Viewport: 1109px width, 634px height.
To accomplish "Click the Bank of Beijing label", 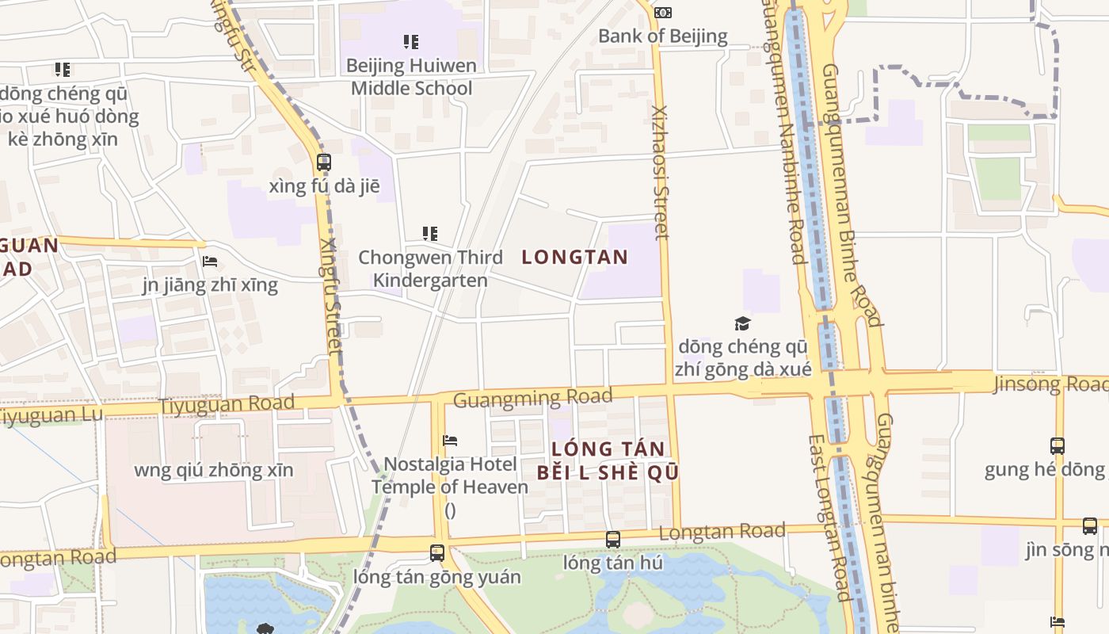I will click(x=662, y=36).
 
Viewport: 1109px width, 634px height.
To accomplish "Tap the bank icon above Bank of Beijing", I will click(x=663, y=12).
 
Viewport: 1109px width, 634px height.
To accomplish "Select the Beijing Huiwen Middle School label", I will click(x=411, y=76).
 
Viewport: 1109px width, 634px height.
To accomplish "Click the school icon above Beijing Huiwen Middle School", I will click(x=410, y=41).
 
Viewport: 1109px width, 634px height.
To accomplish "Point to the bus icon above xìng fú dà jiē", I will click(x=323, y=162).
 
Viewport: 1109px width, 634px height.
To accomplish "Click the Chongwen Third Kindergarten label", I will click(x=430, y=269).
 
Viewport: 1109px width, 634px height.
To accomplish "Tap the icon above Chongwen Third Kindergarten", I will click(x=430, y=234).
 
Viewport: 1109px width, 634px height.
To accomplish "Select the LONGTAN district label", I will click(x=575, y=257).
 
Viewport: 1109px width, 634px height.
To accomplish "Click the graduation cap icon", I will click(x=742, y=323).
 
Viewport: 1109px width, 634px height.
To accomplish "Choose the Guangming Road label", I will click(x=532, y=397).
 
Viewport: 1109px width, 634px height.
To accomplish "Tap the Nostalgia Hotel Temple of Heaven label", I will click(x=450, y=475).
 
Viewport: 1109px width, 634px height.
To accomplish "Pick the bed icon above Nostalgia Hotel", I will click(x=450, y=440).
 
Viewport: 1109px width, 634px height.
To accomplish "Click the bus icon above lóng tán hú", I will click(x=612, y=540).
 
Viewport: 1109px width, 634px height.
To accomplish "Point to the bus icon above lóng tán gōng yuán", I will click(x=436, y=553).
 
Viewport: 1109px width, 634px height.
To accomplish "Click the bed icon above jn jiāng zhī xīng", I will click(x=210, y=261).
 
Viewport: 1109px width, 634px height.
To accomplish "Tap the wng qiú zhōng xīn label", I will click(x=214, y=470).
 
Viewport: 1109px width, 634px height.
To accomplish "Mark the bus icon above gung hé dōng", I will click(x=1057, y=445).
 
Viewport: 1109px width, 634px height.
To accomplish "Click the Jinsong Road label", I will click(x=1050, y=384).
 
